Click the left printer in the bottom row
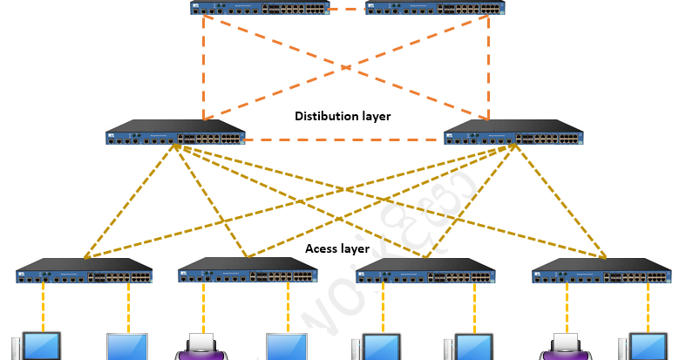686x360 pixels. [x=202, y=346]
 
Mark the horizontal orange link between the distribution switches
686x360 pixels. [x=344, y=138]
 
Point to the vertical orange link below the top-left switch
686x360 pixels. [x=203, y=65]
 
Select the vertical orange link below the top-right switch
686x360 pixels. [x=489, y=65]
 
